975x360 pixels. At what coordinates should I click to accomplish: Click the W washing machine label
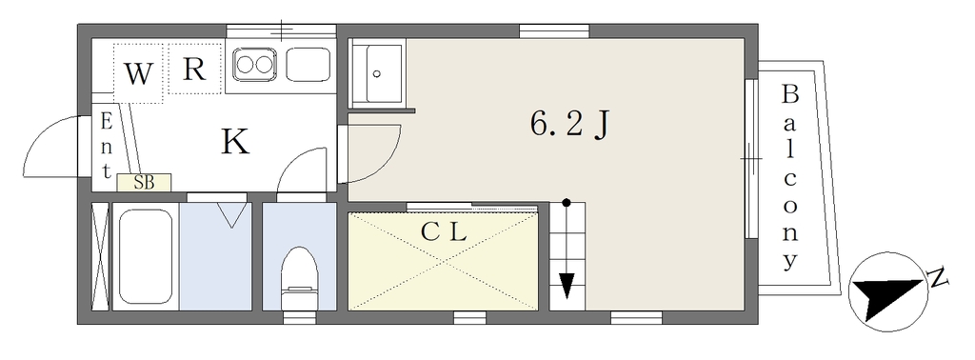(138, 74)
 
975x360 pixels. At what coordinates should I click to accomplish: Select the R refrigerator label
(194, 69)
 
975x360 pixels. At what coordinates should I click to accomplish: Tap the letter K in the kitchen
(236, 142)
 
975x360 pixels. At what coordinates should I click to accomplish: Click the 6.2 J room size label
(567, 126)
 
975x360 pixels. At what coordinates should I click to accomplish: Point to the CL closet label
(443, 232)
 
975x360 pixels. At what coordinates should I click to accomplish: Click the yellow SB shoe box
(145, 182)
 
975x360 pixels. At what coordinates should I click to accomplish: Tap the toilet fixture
(299, 277)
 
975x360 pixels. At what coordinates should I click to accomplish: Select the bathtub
(145, 259)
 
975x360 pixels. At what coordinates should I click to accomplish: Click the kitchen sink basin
(308, 65)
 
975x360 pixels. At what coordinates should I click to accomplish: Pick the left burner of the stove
(245, 65)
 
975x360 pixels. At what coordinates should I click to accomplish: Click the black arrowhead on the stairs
(566, 286)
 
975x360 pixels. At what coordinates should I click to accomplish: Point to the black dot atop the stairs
(566, 202)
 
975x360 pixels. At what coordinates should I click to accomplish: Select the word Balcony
(789, 178)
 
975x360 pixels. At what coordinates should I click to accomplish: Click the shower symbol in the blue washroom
(231, 215)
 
